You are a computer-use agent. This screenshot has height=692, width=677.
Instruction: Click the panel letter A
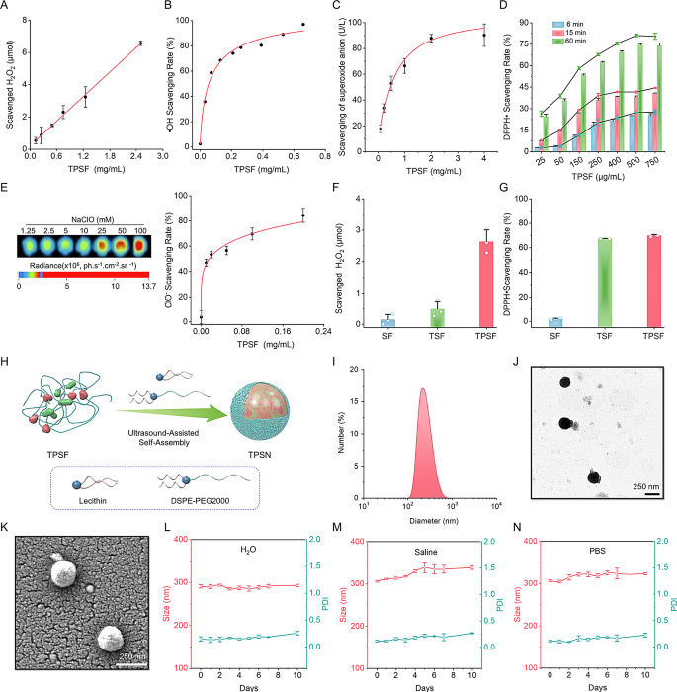coord(7,8)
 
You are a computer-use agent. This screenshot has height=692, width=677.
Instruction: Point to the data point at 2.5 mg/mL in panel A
coord(140,43)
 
